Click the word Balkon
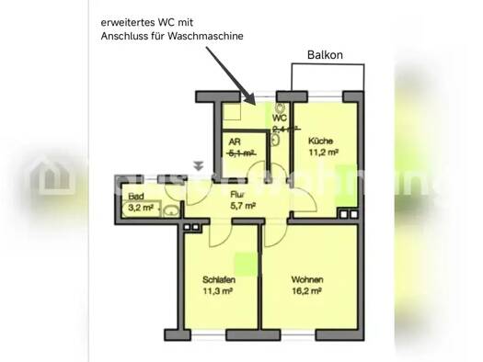tap(324, 55)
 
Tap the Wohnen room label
tap(306, 279)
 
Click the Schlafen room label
tap(220, 279)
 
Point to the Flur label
tap(238, 194)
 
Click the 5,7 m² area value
tap(243, 206)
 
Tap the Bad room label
tap(136, 198)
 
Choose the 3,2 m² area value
tap(141, 209)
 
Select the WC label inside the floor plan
tap(280, 118)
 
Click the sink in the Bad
tap(170, 209)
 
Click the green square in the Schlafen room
tap(243, 260)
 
